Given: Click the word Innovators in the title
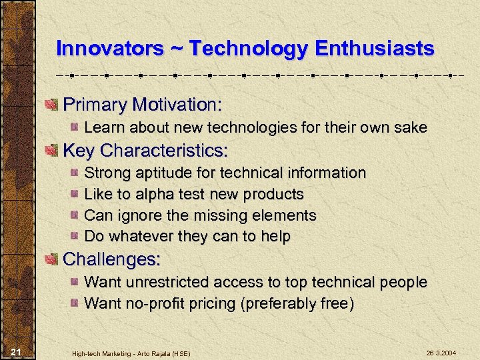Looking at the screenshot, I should (x=109, y=49).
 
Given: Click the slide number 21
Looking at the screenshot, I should (x=17, y=351).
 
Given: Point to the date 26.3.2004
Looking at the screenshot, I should (x=442, y=351).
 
